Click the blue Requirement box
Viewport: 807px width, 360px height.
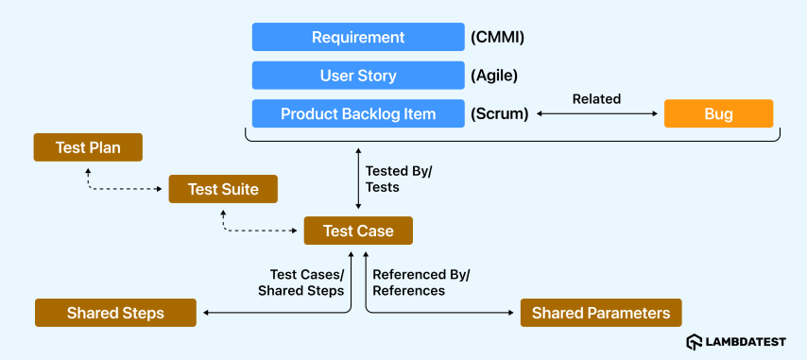coord(358,37)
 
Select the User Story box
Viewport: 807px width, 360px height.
coord(358,76)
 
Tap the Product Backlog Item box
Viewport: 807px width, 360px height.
coord(358,113)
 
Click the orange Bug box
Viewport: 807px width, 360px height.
coord(718,113)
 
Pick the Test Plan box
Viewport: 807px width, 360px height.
coord(88,147)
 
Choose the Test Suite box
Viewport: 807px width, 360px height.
coord(223,189)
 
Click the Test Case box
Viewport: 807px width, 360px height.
coord(358,231)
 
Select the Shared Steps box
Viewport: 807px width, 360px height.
coord(115,313)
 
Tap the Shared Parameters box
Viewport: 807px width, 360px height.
coord(601,313)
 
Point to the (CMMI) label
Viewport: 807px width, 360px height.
coord(497,38)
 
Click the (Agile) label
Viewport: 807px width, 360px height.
coord(494,77)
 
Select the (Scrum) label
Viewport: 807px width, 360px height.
coord(499,114)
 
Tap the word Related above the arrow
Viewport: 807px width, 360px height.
coord(597,99)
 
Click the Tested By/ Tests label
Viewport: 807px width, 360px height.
coord(399,179)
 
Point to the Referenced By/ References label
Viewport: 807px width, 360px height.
coord(421,283)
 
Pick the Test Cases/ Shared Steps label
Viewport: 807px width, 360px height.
coord(301,283)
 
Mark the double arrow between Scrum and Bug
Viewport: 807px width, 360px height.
coord(597,114)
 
